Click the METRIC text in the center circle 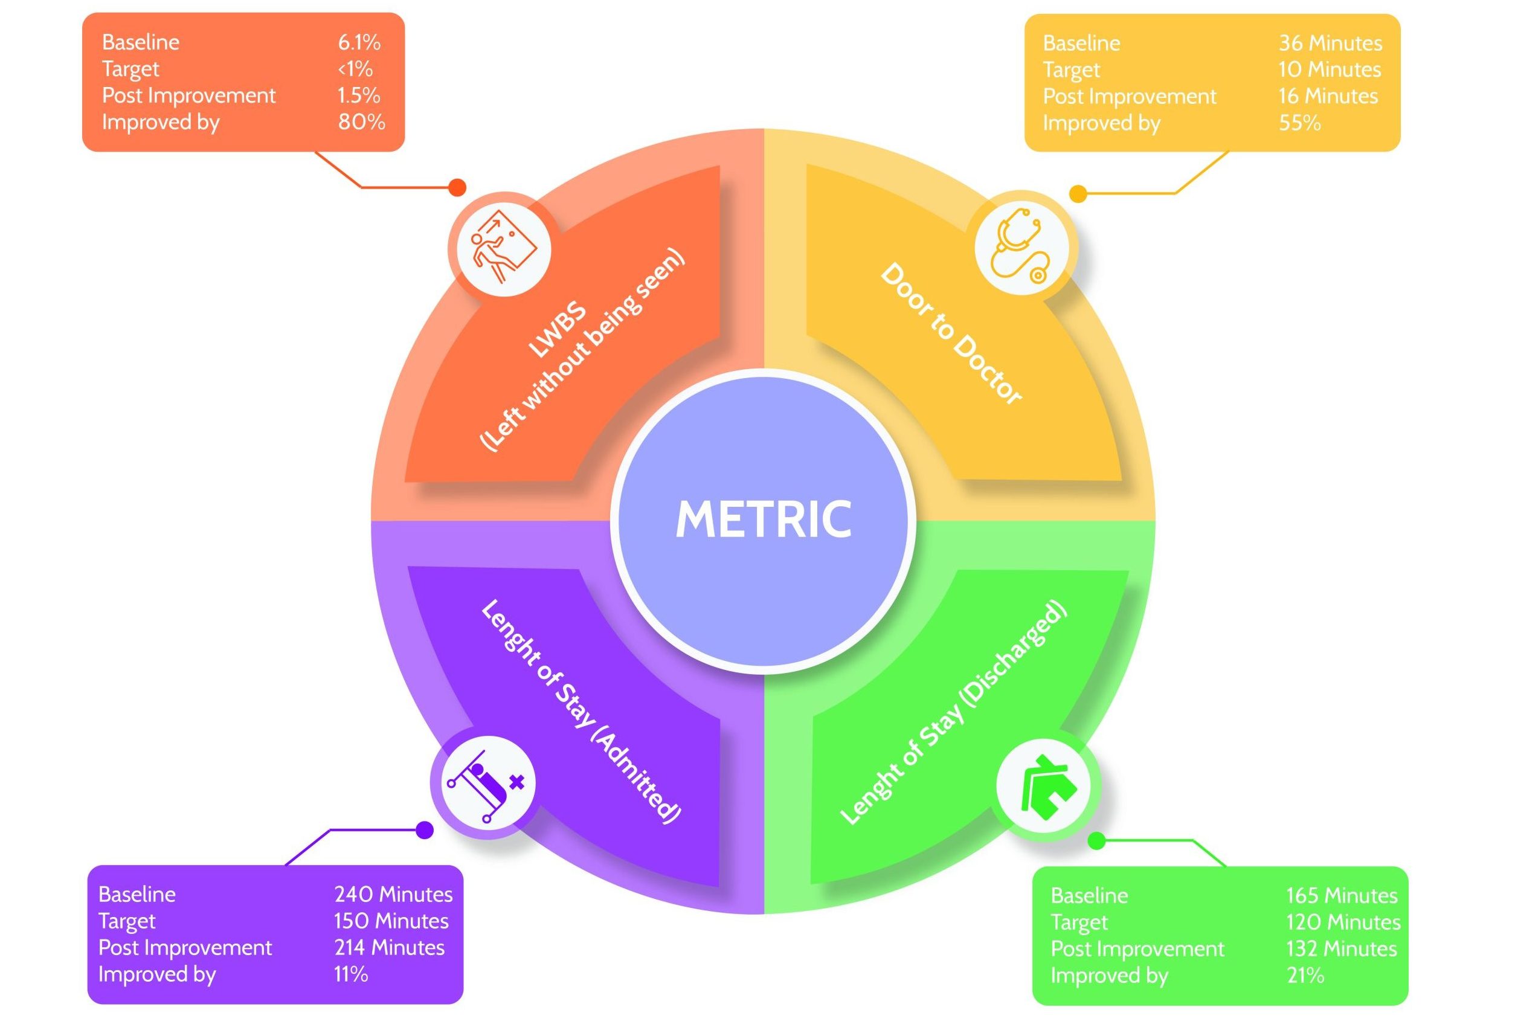pos(763,520)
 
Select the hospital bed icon pos(485,783)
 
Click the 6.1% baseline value pos(359,42)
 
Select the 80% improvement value pos(361,122)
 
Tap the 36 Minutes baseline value pos(1330,43)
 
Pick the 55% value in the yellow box pos(1299,123)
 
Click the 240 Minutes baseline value pos(393,894)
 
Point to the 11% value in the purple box pos(351,974)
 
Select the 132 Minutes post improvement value pos(1341,948)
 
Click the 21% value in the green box pos(1305,976)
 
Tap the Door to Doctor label pos(951,334)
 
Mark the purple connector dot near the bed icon pos(425,830)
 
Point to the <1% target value pos(355,69)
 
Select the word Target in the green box pos(1079,922)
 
